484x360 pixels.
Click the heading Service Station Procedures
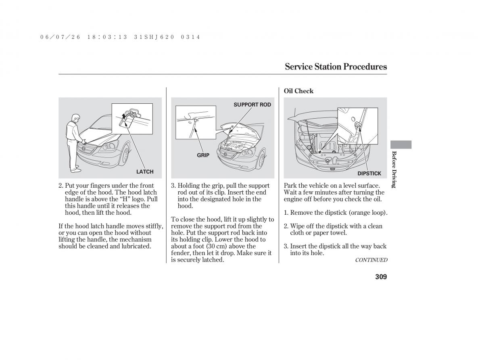click(x=336, y=67)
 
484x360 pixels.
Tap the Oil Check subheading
click(x=298, y=91)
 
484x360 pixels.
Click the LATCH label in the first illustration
click(x=145, y=172)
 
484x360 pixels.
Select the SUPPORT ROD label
click(x=252, y=105)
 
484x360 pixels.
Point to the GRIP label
click(x=203, y=155)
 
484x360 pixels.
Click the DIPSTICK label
click(x=369, y=174)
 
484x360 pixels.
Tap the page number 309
click(x=378, y=276)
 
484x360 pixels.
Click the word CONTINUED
click(x=371, y=260)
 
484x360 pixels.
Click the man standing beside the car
click(x=74, y=141)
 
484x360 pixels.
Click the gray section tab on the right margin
click(x=401, y=144)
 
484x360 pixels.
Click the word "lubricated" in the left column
click(x=136, y=246)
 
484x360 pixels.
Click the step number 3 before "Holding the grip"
click(x=173, y=186)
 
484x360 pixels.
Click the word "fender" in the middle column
click(x=180, y=253)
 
